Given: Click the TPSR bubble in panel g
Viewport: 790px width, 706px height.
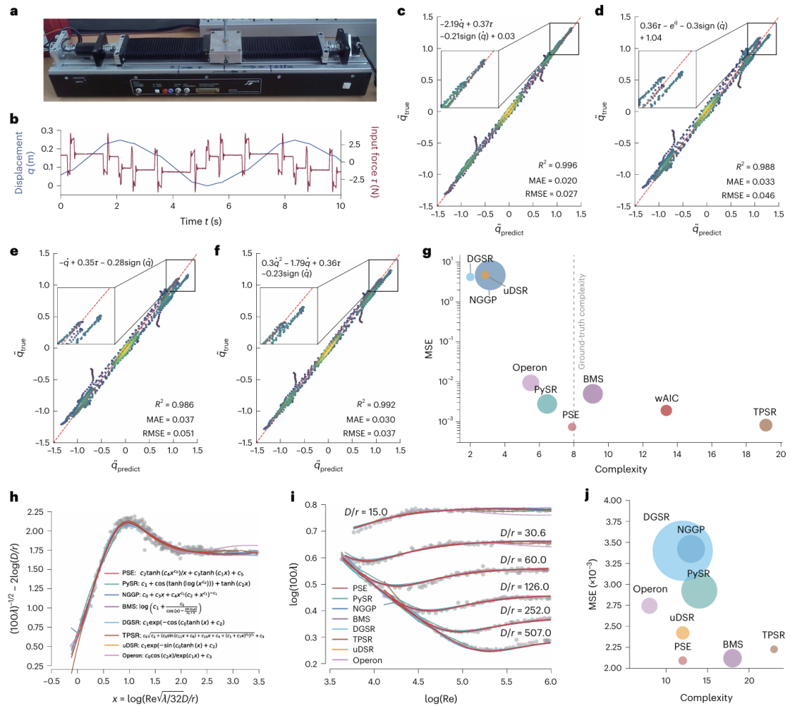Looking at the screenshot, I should (x=766, y=425).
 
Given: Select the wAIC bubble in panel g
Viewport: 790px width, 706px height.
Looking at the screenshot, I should (x=666, y=410).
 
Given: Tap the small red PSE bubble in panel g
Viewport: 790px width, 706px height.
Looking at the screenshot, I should (x=572, y=426).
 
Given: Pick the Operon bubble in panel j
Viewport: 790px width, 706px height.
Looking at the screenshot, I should (x=649, y=605).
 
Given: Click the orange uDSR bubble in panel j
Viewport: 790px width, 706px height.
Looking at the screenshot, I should (x=682, y=633).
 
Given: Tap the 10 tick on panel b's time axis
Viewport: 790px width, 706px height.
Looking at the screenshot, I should (x=340, y=205).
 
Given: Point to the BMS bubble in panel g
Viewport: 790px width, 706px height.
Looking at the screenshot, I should (x=592, y=393).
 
